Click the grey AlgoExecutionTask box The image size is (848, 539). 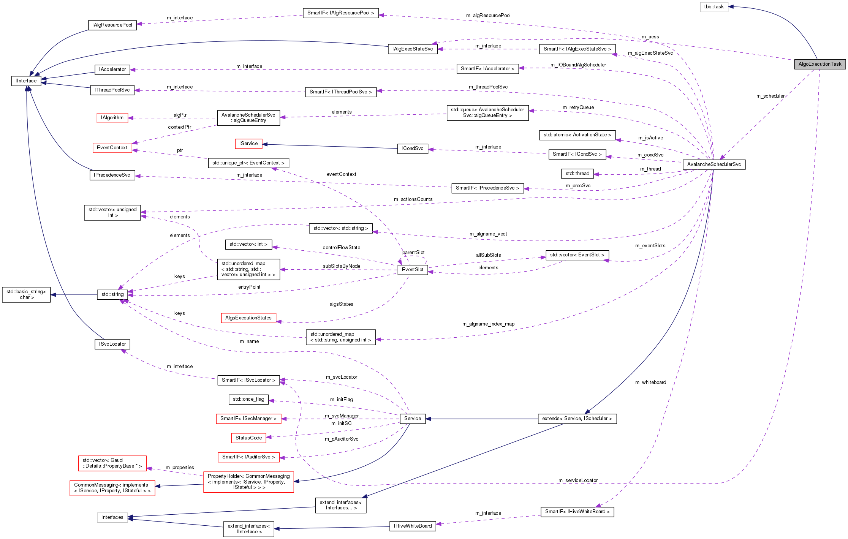point(820,64)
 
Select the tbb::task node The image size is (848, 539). point(714,7)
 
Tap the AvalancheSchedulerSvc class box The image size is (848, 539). point(714,164)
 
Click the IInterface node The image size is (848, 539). point(26,81)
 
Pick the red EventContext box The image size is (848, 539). point(112,148)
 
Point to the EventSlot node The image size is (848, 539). point(413,270)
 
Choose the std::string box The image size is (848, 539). point(112,294)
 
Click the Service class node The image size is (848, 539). point(413,419)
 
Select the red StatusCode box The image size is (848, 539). point(248,438)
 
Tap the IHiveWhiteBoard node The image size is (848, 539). point(413,526)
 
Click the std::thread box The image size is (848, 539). point(577,174)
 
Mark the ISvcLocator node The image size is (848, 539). point(112,344)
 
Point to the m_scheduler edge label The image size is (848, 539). point(770,96)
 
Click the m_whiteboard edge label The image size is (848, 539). point(650,383)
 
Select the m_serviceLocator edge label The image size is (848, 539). point(577,481)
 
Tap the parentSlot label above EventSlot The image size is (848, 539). point(413,253)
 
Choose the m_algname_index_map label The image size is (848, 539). point(488,324)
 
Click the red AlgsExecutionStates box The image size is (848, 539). point(248,318)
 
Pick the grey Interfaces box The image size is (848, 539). point(112,517)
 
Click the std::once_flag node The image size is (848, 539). point(248,399)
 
